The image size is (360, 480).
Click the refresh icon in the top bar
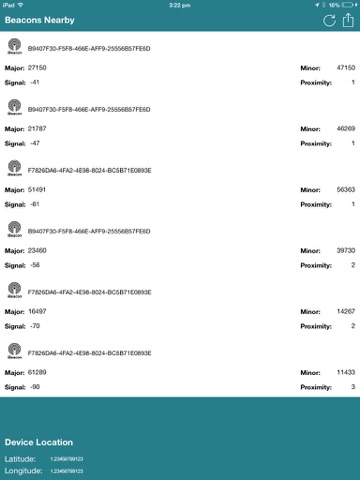[328, 20]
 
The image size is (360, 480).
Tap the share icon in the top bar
[348, 20]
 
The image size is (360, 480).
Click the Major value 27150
[38, 67]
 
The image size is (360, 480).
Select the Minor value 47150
[346, 67]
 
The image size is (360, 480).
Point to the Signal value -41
[36, 82]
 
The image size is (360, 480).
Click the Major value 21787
[38, 129]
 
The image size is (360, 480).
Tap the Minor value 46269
[346, 129]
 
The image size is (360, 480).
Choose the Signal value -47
[36, 144]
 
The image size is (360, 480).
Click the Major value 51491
[38, 189]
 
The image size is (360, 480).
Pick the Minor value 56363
[346, 189]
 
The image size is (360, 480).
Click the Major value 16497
[38, 311]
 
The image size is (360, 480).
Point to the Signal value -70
[36, 326]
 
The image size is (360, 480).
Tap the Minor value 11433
[346, 371]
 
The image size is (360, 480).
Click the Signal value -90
[36, 386]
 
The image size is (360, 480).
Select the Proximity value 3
[353, 386]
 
